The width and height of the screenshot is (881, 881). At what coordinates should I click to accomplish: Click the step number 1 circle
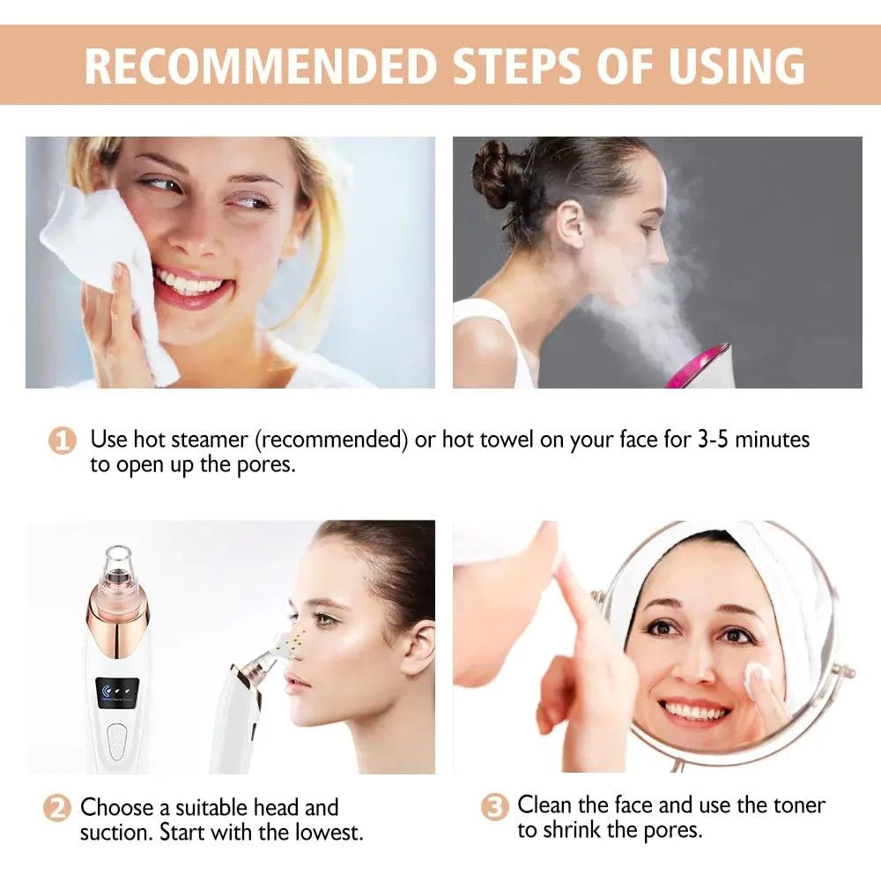coord(61,440)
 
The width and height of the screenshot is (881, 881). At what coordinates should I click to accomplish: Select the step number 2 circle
coord(56,808)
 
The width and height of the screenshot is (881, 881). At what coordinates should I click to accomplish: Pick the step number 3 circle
coord(495,806)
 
